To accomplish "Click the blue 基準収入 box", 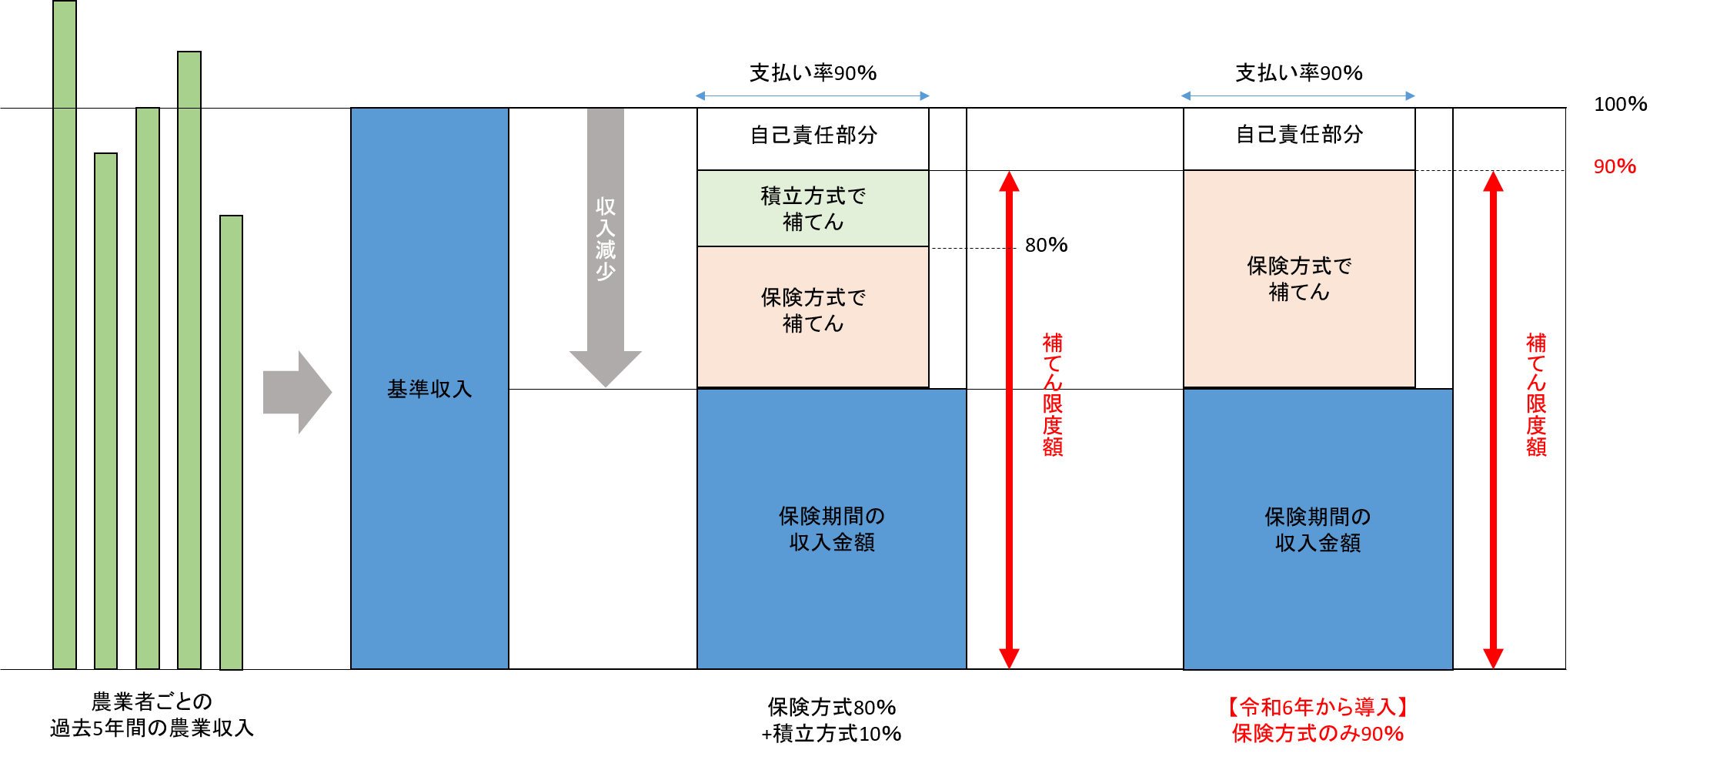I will click(x=429, y=388).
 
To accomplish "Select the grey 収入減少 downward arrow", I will click(x=606, y=246).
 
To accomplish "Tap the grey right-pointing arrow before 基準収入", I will click(x=297, y=392).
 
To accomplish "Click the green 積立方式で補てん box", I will click(x=813, y=209).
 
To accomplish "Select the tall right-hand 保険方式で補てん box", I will click(x=1299, y=279).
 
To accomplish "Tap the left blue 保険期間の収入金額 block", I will click(x=831, y=528).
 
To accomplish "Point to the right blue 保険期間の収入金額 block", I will click(x=1318, y=529).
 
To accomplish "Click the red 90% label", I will click(x=1615, y=166).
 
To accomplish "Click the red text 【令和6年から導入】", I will click(x=1318, y=707).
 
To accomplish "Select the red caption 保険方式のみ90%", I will click(x=1318, y=734).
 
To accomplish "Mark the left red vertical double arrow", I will click(x=1009, y=420).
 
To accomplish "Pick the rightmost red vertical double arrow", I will click(x=1493, y=420).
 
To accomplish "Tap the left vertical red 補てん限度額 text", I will click(x=1053, y=394).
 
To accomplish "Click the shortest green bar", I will click(x=231, y=442).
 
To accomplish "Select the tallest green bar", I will click(x=65, y=334).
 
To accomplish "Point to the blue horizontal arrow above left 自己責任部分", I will click(x=813, y=96).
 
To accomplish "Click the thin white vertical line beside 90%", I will click(x=1566, y=389).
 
